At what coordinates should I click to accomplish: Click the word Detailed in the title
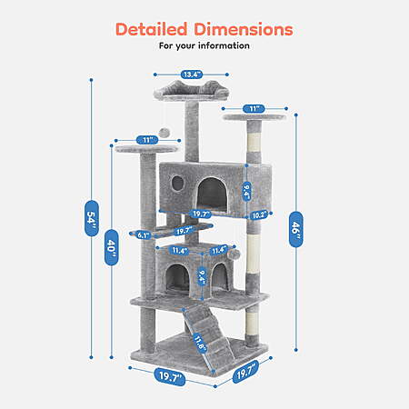coord(152,29)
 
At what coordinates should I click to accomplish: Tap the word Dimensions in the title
coord(244,29)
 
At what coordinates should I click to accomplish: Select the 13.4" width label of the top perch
coord(192,75)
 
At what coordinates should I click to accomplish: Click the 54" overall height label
coord(92,218)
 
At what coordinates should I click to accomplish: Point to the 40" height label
coord(111,247)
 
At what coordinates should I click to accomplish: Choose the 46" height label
coord(295,229)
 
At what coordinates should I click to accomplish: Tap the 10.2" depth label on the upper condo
coord(259,215)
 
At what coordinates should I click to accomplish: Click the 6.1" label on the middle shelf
coord(143,234)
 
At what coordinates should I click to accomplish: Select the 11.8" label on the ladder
coord(199,344)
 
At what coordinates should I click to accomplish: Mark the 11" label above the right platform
coord(254,108)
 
